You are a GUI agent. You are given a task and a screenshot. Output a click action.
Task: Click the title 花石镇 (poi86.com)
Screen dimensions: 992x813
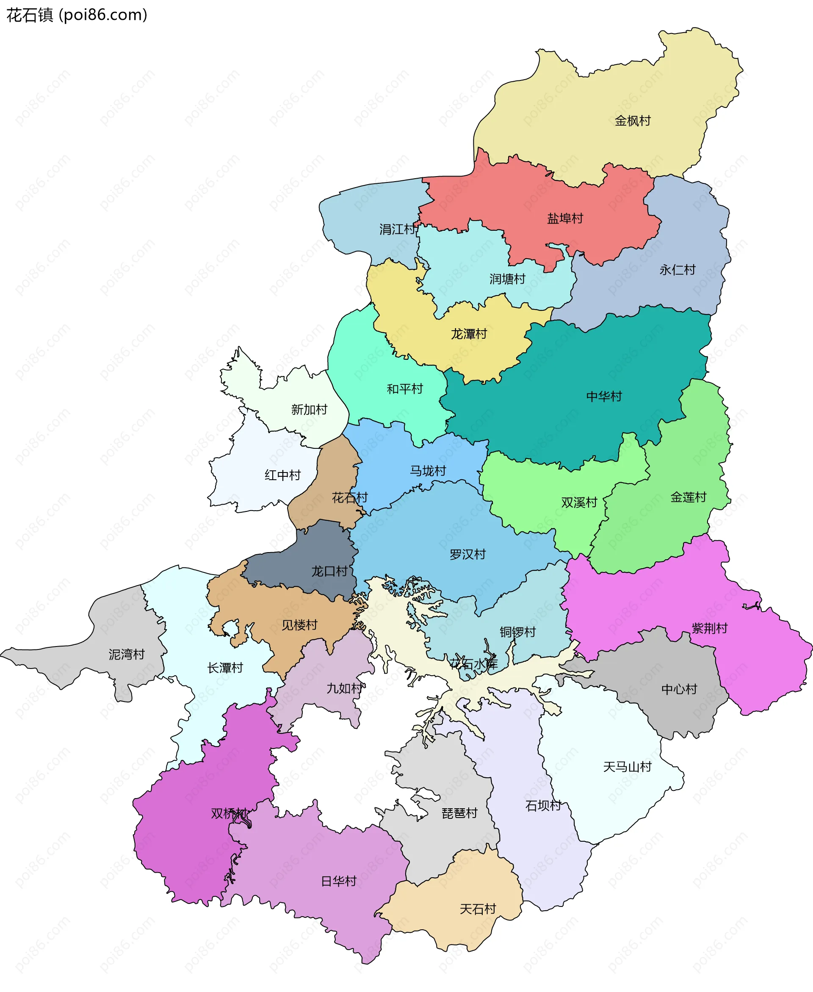coord(77,15)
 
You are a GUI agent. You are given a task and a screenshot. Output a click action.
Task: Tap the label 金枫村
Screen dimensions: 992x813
coord(633,121)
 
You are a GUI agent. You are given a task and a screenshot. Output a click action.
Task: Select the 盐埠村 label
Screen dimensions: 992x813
coord(565,218)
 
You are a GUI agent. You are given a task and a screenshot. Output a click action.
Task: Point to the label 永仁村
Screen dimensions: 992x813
coord(677,270)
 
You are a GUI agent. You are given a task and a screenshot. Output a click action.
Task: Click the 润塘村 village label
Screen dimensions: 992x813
coord(508,279)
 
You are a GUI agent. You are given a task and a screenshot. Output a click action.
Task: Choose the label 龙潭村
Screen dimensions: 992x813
coord(469,334)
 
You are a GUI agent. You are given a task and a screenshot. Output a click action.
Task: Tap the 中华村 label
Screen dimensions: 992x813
coord(604,397)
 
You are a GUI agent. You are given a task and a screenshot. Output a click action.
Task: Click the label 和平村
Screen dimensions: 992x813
coord(405,389)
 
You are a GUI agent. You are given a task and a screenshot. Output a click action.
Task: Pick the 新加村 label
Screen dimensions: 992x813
coord(309,409)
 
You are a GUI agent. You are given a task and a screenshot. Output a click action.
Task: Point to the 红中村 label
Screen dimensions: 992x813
coord(282,475)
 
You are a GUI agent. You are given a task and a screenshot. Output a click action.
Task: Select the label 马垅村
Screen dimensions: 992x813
coord(428,471)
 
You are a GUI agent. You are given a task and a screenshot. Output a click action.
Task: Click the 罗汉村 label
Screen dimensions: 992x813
coord(468,554)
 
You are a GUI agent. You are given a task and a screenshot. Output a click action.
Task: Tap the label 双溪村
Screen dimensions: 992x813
coord(579,502)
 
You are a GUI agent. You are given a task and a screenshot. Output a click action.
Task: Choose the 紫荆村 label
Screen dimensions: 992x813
coord(710,628)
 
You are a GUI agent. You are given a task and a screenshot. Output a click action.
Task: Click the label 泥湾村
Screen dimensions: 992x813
coord(127,655)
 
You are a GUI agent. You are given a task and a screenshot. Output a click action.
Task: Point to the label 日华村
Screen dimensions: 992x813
coord(339,881)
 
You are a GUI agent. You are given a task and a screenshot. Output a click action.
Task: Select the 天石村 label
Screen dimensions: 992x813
coord(478,909)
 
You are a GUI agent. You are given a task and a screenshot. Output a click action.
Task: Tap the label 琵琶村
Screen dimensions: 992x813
coord(459,813)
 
